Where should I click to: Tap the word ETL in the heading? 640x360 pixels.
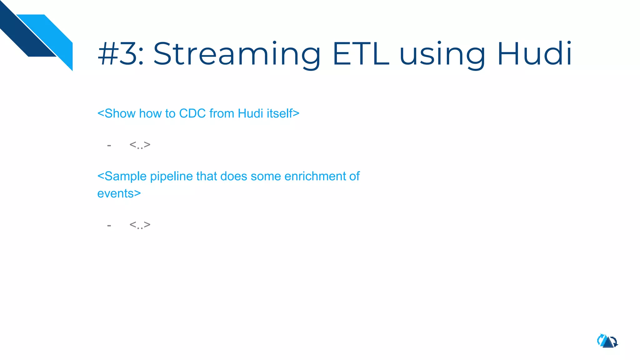[361, 54]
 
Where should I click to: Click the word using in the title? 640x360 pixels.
[442, 54]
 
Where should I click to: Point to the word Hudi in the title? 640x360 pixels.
[534, 54]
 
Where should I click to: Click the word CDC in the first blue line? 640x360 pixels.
[192, 113]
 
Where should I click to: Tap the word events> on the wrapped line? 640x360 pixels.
[119, 193]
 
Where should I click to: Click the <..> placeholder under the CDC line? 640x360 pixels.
[140, 145]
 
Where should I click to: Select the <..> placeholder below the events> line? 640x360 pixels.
[140, 225]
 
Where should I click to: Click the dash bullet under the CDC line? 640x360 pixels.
[109, 146]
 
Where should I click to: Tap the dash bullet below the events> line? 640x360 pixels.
[109, 225]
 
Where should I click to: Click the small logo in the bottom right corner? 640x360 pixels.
[607, 341]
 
